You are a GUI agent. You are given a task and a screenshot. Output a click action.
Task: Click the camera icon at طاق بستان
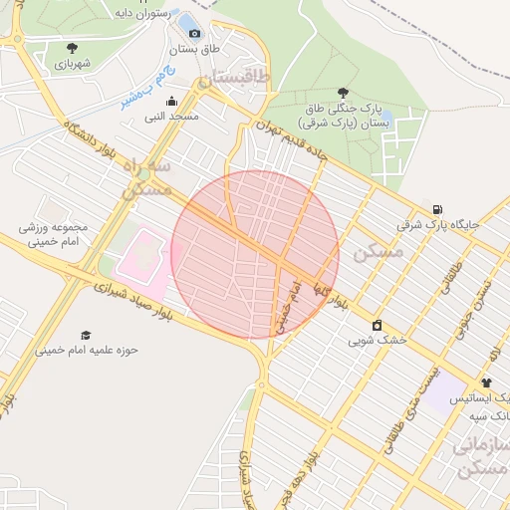point(193,33)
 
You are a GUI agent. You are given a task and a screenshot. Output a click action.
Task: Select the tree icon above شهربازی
point(72,47)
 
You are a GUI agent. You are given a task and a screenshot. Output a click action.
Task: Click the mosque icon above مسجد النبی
point(171,100)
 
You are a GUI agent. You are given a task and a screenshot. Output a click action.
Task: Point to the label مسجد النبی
point(171,116)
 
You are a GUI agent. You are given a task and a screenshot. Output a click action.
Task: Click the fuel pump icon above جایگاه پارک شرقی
point(437,207)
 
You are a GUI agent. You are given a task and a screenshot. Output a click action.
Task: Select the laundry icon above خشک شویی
point(377,325)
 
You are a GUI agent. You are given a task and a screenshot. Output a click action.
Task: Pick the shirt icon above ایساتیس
point(486,382)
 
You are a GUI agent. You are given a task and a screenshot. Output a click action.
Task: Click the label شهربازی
point(73,63)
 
